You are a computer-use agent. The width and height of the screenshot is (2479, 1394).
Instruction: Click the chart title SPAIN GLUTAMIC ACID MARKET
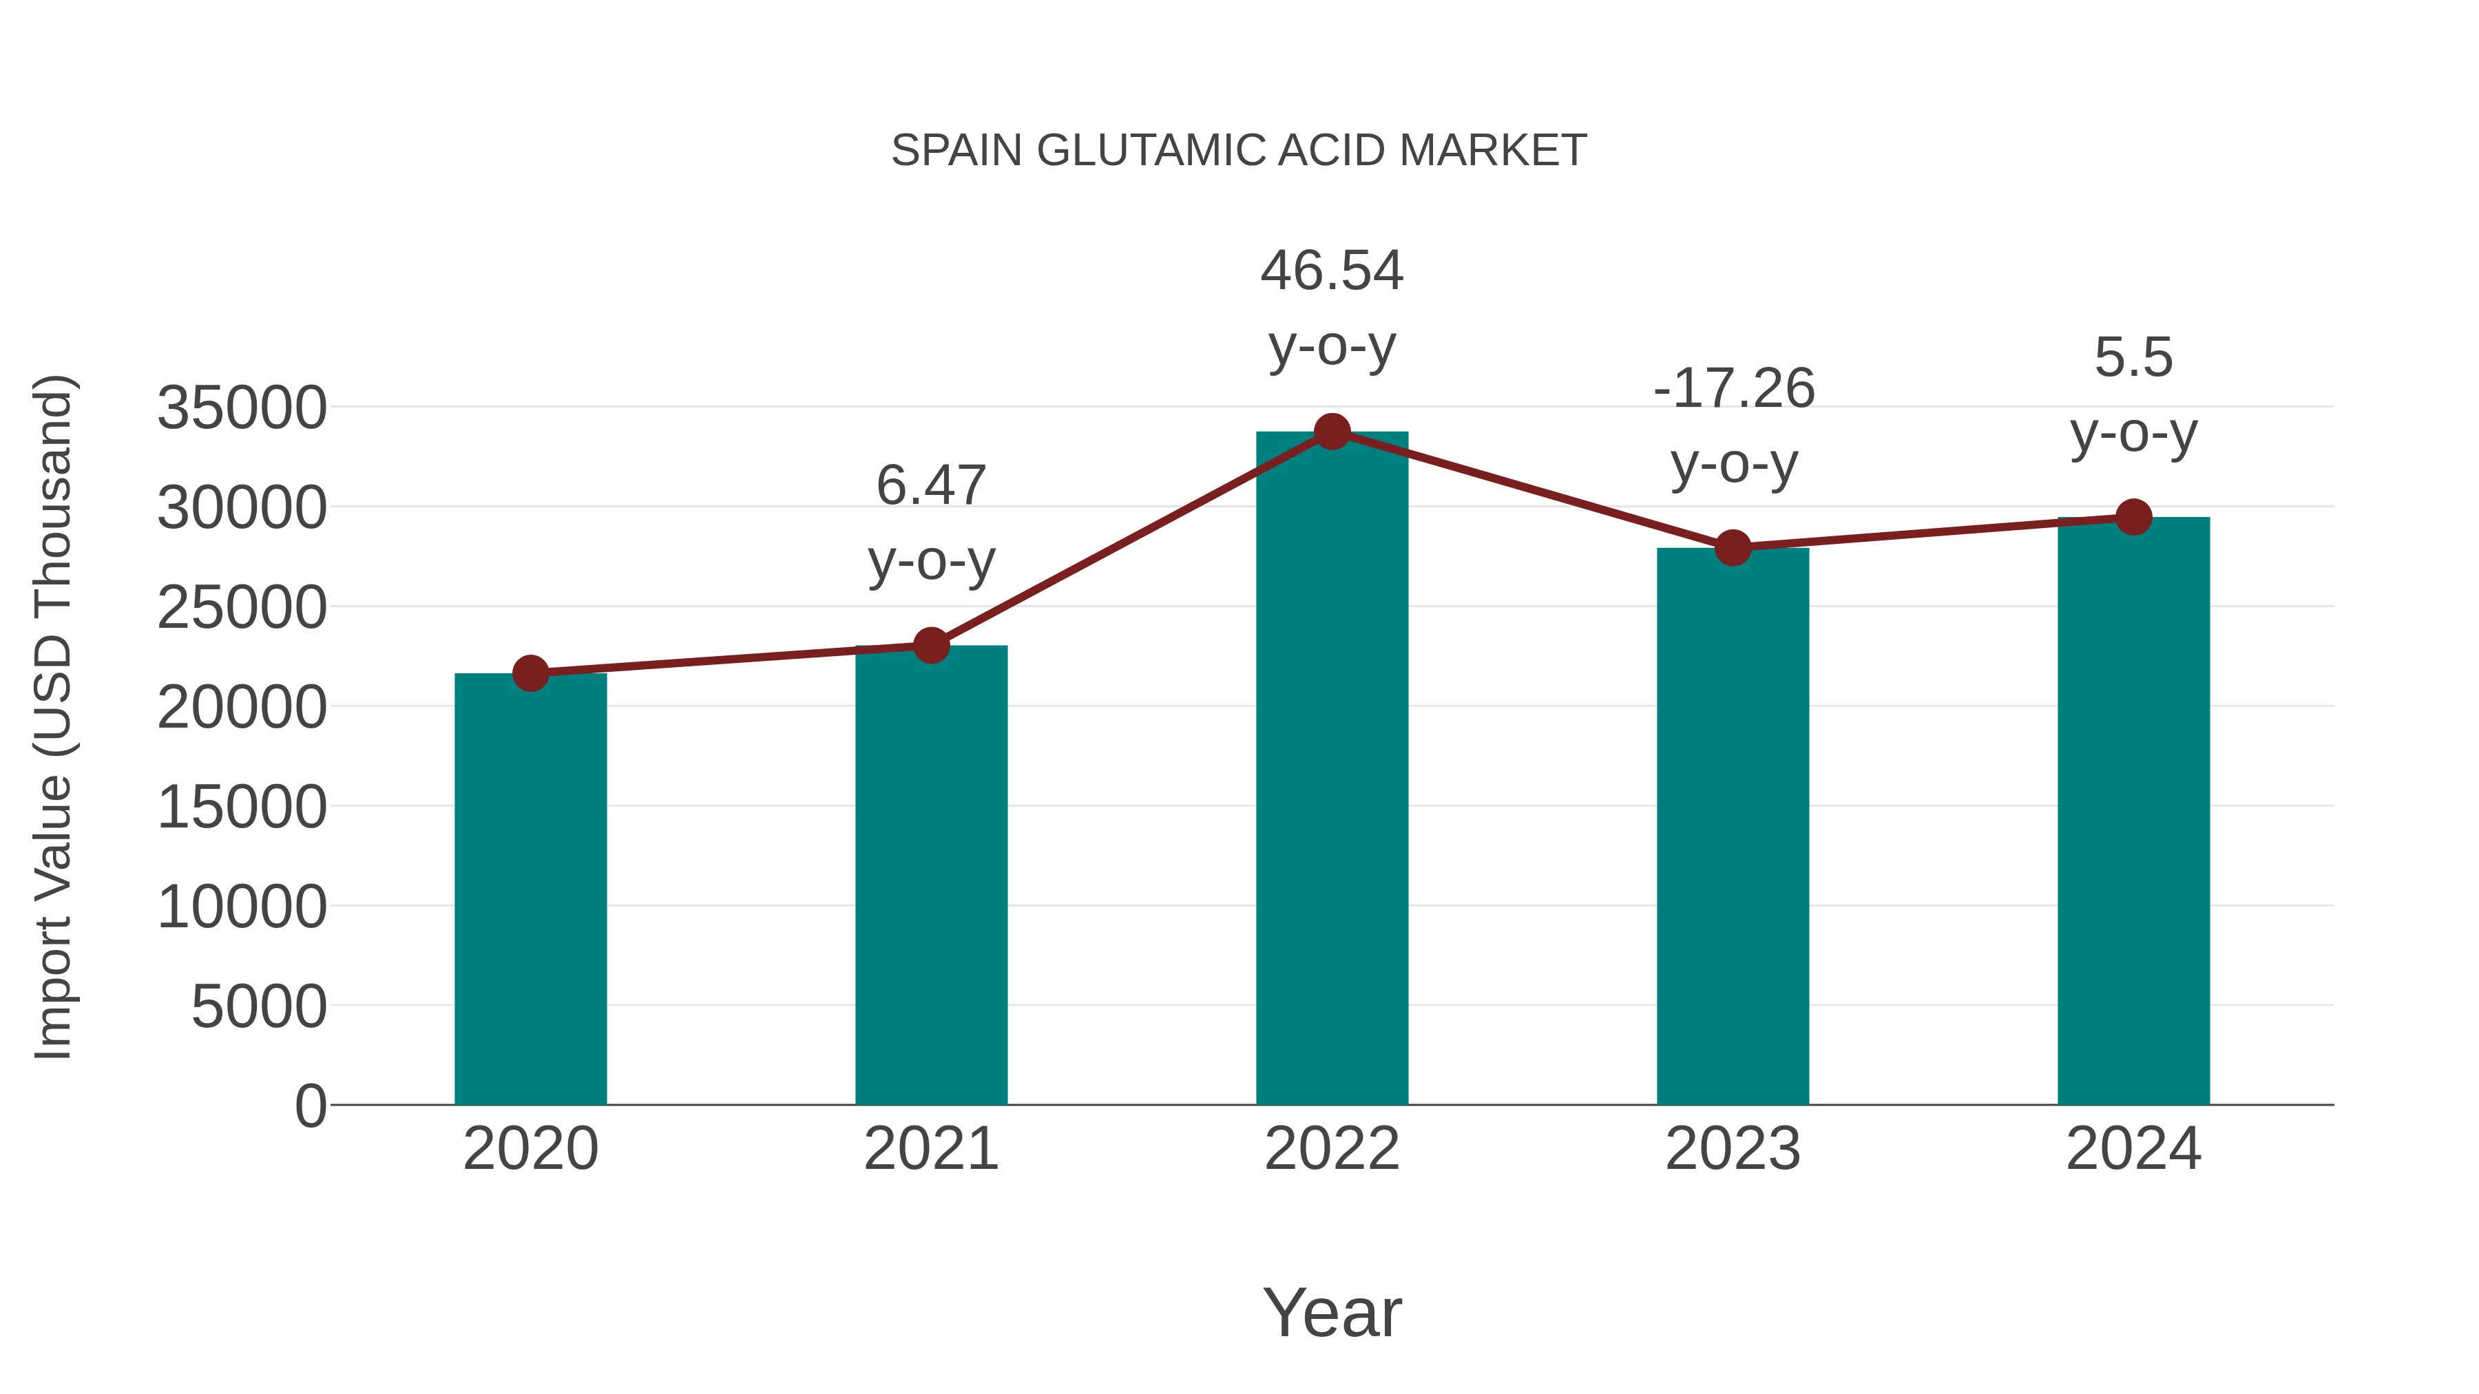1239,151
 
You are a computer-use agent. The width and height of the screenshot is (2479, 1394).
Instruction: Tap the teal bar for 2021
930,876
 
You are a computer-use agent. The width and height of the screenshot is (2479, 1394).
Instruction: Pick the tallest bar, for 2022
1332,770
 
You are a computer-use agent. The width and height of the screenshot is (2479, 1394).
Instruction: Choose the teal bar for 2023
1733,827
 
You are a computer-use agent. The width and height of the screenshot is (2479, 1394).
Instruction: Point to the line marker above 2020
530,673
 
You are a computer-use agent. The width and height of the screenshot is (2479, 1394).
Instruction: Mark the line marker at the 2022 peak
1332,432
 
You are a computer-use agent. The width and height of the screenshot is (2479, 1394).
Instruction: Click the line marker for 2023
1733,547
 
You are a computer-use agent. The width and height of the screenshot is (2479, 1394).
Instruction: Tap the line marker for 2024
2133,518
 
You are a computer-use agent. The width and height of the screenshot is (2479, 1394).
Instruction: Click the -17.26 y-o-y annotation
1733,426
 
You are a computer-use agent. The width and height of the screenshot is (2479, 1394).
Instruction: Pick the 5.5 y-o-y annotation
2133,394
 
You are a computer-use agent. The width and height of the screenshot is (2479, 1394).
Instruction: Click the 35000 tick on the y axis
242,408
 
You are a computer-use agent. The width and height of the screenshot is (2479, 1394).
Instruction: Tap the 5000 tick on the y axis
259,1007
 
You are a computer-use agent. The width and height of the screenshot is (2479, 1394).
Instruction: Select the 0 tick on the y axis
311,1106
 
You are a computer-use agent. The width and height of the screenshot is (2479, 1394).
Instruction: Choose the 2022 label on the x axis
1332,1149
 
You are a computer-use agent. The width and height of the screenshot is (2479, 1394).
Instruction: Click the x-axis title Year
1332,1312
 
